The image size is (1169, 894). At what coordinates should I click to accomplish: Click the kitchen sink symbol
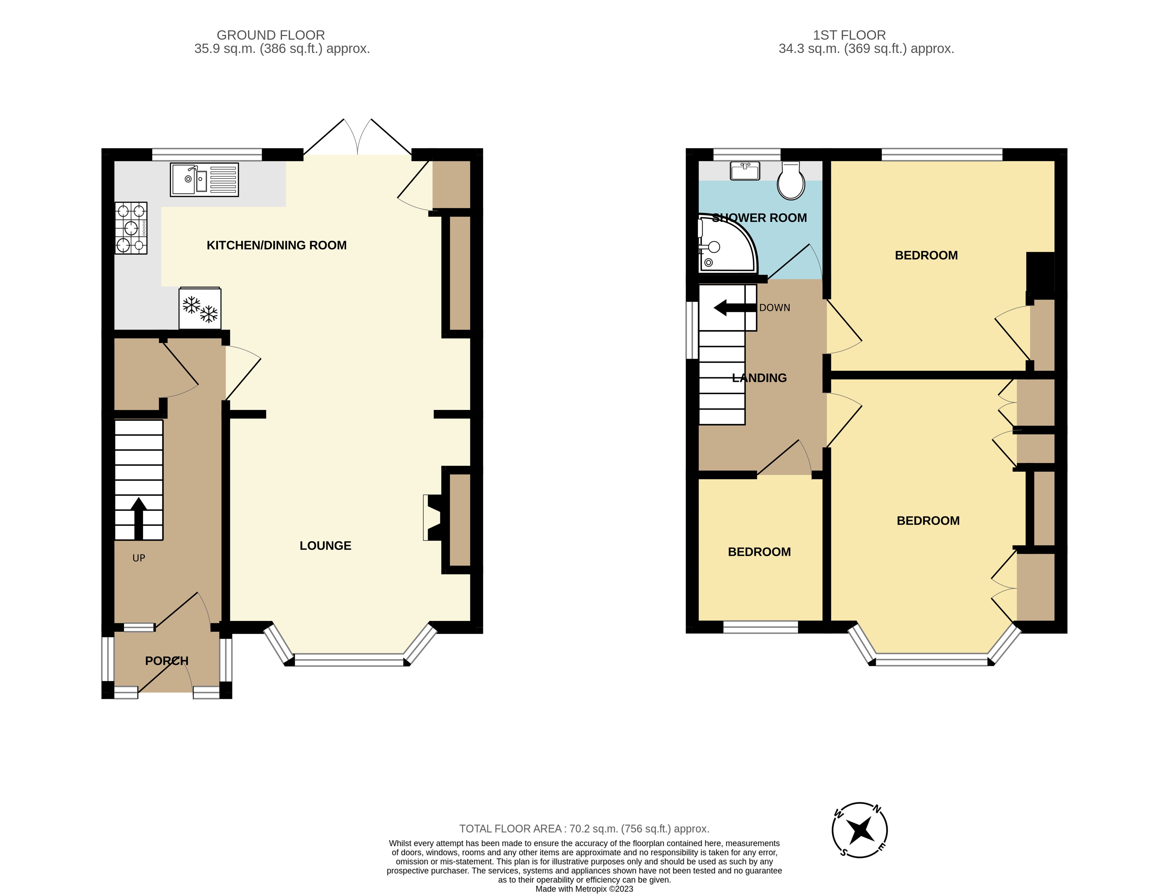[x=204, y=179]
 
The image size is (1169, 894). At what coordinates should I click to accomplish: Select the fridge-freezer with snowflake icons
[x=200, y=309]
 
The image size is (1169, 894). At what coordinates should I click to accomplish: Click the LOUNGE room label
[x=325, y=545]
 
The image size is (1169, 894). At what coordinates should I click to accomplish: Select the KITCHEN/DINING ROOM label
[x=276, y=245]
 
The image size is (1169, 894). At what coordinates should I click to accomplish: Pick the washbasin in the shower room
[x=745, y=171]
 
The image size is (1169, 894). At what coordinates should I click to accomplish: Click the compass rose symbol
[x=859, y=830]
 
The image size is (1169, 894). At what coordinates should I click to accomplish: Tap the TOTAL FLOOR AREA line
[x=584, y=829]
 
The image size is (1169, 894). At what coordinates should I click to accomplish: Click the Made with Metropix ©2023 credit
[x=584, y=889]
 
